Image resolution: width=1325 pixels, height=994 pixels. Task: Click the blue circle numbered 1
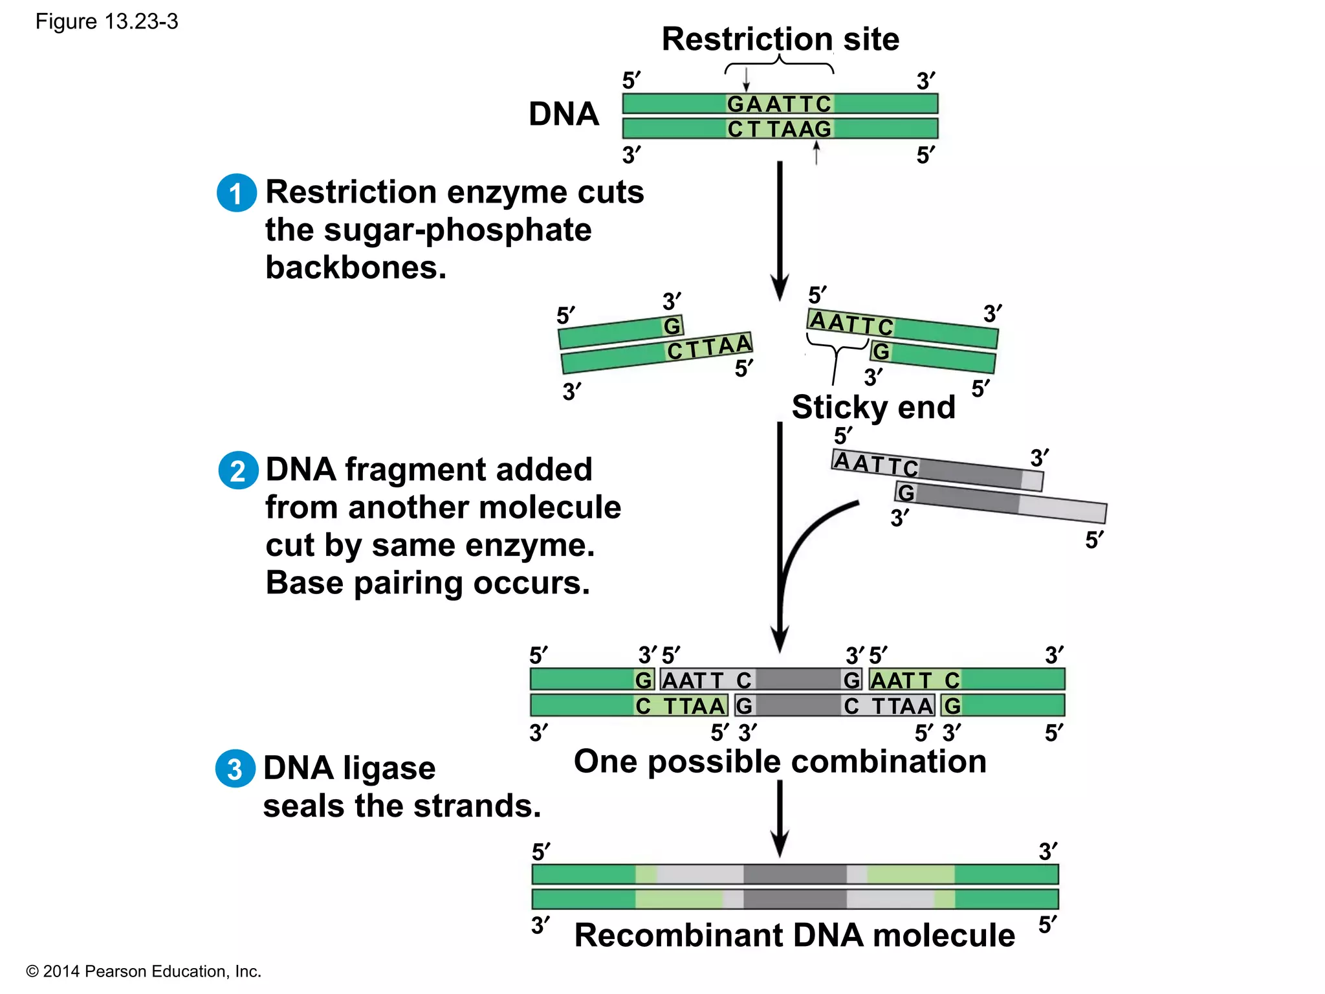tap(236, 193)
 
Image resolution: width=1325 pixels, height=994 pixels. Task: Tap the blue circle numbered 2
tap(238, 470)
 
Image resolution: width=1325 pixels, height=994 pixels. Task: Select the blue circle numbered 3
tap(235, 769)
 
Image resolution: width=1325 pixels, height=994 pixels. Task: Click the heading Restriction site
tap(780, 39)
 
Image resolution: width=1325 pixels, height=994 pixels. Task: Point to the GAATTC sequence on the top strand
tap(779, 104)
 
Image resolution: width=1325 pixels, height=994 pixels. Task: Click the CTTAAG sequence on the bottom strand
tap(779, 129)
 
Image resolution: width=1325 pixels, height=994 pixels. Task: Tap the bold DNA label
tap(564, 114)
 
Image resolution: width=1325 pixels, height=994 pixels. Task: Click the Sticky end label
tap(873, 407)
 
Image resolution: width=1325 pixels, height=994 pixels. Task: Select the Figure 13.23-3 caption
tap(107, 21)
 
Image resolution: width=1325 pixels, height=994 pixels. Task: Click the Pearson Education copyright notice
tap(143, 971)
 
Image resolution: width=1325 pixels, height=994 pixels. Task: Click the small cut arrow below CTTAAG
tap(816, 153)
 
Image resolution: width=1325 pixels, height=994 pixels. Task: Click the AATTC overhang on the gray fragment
tap(875, 463)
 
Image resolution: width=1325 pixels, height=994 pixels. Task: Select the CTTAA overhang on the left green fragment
tap(709, 347)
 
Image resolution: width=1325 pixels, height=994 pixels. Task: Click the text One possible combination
tap(780, 761)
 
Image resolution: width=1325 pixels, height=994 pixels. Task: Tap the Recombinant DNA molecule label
tap(794, 935)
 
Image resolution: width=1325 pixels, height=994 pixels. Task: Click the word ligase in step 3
tap(389, 769)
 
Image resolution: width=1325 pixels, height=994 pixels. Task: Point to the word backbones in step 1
tap(356, 267)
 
